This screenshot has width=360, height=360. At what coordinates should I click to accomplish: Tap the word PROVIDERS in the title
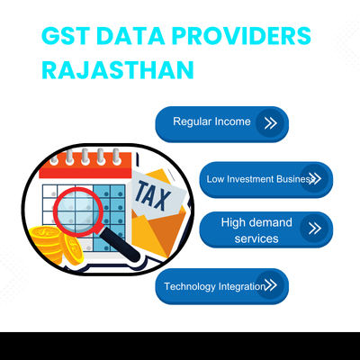point(243,38)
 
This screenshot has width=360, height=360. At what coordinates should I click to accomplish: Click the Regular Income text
point(211,121)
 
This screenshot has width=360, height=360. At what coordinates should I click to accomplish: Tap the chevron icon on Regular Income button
point(267,122)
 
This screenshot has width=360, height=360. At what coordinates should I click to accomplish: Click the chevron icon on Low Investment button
point(313,179)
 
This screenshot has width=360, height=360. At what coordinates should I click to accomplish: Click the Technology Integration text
point(214,286)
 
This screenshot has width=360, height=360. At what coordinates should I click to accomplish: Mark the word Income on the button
point(233,121)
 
